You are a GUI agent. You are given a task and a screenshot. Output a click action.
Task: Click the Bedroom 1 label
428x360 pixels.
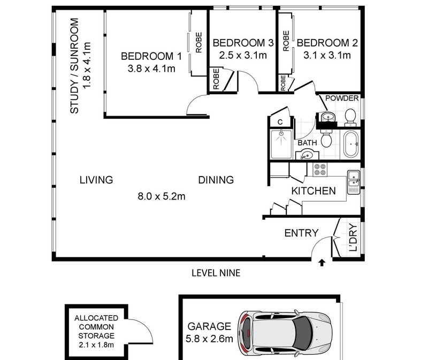tap(151, 56)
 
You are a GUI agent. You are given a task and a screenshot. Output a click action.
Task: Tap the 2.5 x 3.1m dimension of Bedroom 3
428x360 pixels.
tap(243, 56)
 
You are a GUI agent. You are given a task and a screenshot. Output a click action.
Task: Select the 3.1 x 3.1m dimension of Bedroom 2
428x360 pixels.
tap(327, 56)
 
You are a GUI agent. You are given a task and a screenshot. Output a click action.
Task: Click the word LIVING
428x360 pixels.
tap(96, 180)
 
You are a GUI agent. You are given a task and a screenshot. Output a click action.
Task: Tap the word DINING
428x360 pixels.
tap(216, 180)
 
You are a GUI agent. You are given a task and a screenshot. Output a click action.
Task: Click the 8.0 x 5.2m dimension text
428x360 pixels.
tap(162, 196)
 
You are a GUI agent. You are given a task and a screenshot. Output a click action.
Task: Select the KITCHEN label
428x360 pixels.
tap(314, 191)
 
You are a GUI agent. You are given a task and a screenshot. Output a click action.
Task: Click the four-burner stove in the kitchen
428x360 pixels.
tap(320, 170)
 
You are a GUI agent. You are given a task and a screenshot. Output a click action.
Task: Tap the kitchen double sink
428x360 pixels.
tap(354, 182)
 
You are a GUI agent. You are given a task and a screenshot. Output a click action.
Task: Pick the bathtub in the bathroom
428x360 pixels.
tap(351, 144)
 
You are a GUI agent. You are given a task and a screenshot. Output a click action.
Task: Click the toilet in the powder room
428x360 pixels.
tap(350, 118)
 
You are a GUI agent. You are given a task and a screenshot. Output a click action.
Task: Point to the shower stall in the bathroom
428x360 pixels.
tap(281, 144)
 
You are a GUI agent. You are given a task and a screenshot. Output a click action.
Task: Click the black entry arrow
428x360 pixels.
tap(322, 263)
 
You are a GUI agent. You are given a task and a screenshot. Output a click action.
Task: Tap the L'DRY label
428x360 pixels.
tap(353, 237)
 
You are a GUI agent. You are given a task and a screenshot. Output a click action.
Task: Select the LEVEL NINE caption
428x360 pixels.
tap(216, 273)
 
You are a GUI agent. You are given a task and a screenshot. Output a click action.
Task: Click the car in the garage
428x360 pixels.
tap(285, 334)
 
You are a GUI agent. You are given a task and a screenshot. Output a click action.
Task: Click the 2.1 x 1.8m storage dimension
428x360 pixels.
tap(96, 344)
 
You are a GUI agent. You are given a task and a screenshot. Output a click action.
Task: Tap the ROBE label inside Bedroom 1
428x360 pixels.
tap(198, 43)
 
